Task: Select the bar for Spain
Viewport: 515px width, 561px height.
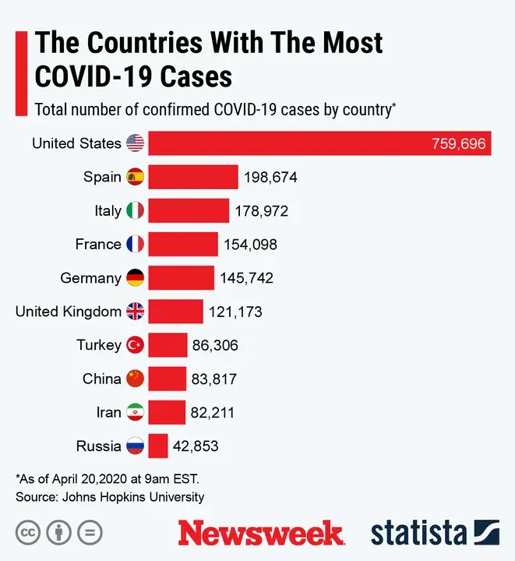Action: click(193, 177)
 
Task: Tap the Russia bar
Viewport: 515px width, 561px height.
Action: click(158, 446)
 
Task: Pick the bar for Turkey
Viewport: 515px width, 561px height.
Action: click(168, 345)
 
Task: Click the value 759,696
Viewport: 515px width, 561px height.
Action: click(458, 144)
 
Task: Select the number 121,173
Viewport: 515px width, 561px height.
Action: click(235, 312)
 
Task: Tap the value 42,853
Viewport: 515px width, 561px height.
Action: click(196, 446)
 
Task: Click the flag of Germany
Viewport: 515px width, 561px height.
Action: click(136, 277)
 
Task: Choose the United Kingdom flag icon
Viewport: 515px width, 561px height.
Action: click(136, 312)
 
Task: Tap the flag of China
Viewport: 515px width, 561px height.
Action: click(136, 379)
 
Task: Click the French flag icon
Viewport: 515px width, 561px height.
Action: click(136, 244)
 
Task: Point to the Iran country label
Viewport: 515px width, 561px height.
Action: click(108, 413)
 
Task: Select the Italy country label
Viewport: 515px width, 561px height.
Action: click(108, 210)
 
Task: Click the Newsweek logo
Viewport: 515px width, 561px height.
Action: click(261, 533)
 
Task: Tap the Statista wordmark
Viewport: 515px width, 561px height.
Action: click(418, 533)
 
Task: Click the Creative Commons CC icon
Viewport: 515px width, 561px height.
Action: click(29, 534)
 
